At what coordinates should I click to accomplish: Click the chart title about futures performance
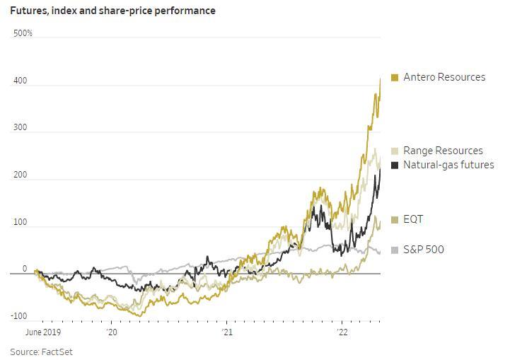pos(112,11)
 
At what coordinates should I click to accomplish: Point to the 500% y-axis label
pos(23,33)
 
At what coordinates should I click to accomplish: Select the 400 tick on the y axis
pos(20,81)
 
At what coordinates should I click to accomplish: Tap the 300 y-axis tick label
pos(20,127)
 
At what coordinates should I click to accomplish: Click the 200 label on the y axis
pos(20,175)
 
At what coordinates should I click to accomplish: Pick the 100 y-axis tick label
pos(20,222)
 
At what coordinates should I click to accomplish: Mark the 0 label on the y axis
pos(25,269)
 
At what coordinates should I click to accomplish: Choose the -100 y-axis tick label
pos(19,315)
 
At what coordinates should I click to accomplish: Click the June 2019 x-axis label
pos(43,332)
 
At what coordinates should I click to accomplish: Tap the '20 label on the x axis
pos(112,332)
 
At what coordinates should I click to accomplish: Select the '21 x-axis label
pos(227,332)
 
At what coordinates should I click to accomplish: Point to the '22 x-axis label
pos(342,332)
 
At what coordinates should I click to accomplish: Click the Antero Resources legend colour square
pos(395,78)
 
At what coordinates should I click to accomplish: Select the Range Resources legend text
pos(443,151)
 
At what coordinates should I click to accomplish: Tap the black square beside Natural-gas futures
pos(395,166)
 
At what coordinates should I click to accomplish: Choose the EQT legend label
pos(413,219)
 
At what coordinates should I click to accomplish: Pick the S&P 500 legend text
pos(424,250)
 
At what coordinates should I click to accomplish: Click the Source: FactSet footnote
pos(41,352)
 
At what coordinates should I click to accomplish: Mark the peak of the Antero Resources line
pos(380,79)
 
